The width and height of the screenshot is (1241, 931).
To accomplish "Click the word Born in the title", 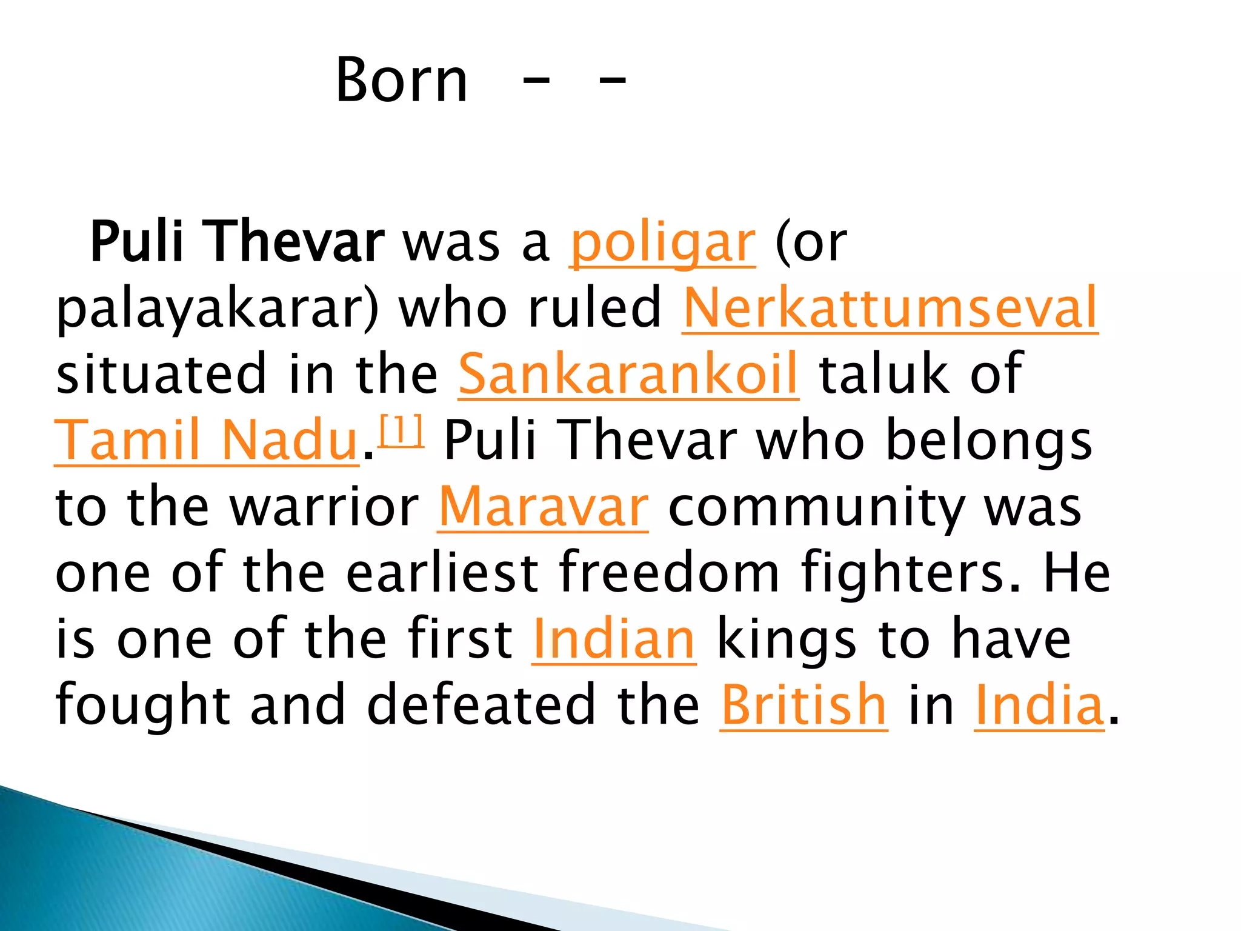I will point(402,80).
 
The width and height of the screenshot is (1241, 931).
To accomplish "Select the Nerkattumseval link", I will point(890,309).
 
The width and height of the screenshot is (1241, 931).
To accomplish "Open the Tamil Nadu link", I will point(207,441).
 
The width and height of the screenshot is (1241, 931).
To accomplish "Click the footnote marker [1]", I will point(401,431).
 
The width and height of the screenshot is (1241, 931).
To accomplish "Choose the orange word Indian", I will point(614,639).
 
